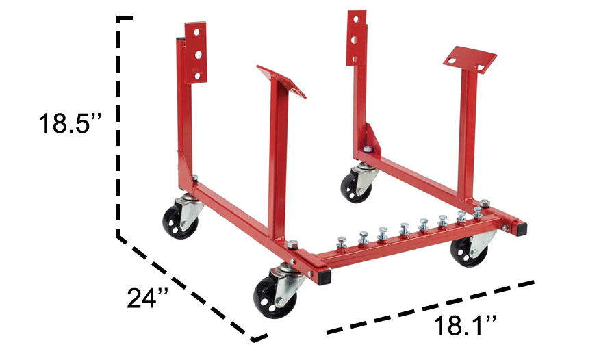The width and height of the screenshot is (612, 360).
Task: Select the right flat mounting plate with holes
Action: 357,37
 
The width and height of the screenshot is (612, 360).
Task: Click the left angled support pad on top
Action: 282,80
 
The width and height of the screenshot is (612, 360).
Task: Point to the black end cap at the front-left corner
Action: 323,276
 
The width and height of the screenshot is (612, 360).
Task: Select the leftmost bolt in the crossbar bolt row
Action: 340,242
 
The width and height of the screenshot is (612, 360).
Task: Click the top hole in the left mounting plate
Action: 195,32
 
